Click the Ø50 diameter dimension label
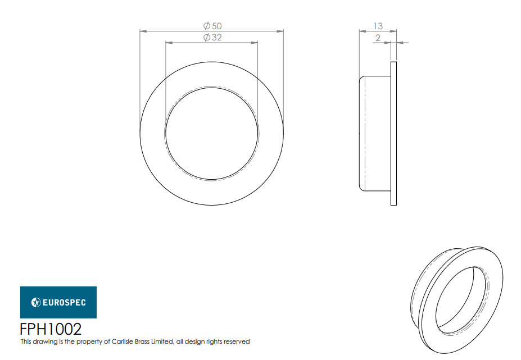212,26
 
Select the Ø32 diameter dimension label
212,37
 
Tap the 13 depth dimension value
378,26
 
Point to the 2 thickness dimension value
378,38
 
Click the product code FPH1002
51,329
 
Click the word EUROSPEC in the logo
64,303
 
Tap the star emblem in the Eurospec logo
36,303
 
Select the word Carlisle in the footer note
123,341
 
